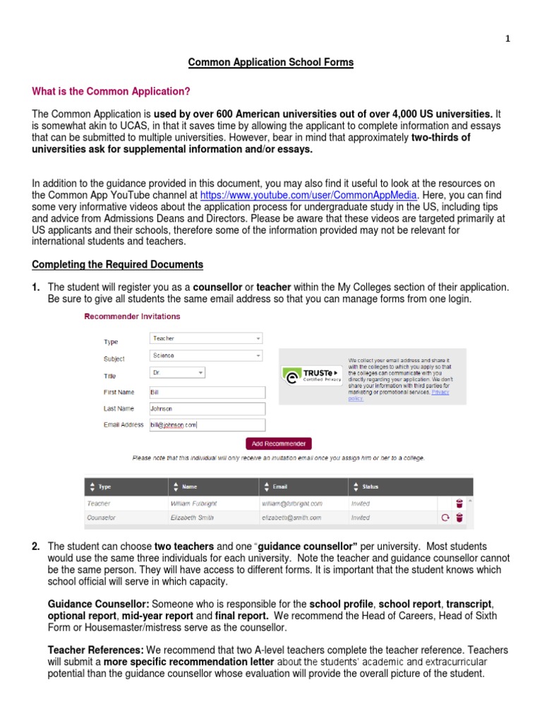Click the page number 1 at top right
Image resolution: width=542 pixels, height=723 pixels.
click(x=526, y=40)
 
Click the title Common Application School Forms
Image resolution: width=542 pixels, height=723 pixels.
click(x=270, y=63)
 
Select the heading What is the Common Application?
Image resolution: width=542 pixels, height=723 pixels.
click(x=111, y=92)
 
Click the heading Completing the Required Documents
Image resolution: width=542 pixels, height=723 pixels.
click(x=118, y=265)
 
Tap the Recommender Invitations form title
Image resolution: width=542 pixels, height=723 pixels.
click(x=132, y=316)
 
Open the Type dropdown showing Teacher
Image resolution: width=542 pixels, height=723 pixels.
click(x=206, y=339)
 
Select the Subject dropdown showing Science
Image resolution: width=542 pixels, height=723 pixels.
click(x=206, y=356)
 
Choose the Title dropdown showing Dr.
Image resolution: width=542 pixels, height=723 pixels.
click(x=177, y=372)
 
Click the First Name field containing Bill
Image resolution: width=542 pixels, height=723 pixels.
click(x=207, y=392)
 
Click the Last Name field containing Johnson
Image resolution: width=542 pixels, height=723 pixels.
click(x=207, y=409)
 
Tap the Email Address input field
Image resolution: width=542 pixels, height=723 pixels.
click(x=207, y=425)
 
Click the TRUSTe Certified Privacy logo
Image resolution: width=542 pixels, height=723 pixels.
click(x=311, y=375)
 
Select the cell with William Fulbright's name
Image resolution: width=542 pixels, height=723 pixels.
click(x=195, y=503)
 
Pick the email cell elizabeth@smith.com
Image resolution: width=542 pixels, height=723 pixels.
click(x=291, y=518)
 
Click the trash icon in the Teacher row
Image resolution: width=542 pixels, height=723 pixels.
click(x=459, y=503)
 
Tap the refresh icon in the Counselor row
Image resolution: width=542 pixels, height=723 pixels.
click(x=445, y=518)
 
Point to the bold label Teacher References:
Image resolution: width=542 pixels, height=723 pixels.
click(x=89, y=650)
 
